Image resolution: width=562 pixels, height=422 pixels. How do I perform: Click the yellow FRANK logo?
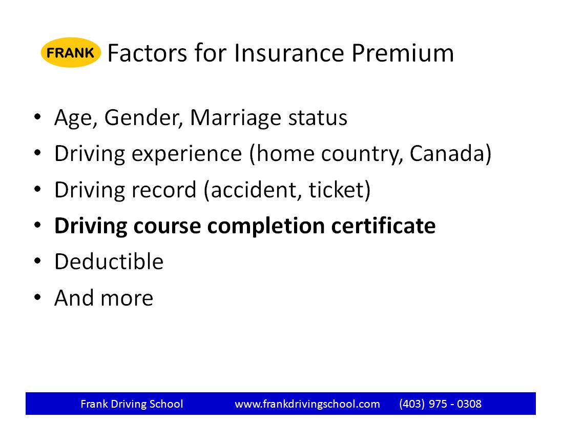(x=71, y=52)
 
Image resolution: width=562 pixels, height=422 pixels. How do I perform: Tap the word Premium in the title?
(x=403, y=53)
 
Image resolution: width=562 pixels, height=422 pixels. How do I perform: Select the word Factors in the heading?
(x=147, y=53)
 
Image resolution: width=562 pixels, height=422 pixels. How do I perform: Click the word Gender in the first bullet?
(x=144, y=118)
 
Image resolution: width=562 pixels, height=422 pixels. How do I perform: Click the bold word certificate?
(x=383, y=225)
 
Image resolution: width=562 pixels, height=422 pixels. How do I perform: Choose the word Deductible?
(x=109, y=261)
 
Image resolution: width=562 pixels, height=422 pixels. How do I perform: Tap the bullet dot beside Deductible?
(x=37, y=261)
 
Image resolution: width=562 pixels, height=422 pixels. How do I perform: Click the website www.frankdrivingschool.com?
(x=307, y=404)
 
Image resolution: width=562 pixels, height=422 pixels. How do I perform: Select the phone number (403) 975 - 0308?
(x=440, y=404)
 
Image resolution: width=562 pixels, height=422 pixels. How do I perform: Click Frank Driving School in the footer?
(x=132, y=404)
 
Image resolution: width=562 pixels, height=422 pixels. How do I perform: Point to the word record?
(x=164, y=190)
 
